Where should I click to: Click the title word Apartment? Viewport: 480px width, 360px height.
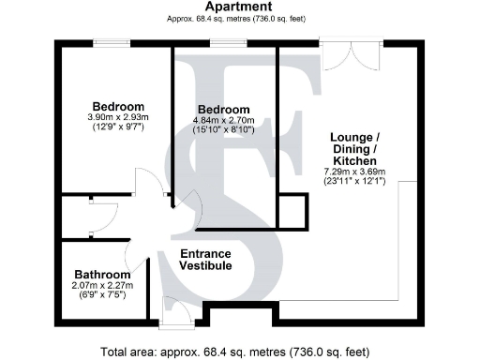pos(240,7)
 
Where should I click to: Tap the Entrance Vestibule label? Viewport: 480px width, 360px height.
pos(206,260)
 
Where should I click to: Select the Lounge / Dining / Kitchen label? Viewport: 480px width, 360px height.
pos(355,148)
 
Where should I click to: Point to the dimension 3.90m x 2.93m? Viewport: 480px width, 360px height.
pos(118,116)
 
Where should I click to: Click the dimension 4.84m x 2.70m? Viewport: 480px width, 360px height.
pos(223,121)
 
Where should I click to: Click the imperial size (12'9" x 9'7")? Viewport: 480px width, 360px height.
pos(118,127)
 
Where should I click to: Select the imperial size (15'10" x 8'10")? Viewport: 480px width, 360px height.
pos(223,131)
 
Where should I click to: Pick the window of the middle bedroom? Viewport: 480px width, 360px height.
pos(223,41)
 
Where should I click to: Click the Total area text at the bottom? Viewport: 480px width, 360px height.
pos(240,352)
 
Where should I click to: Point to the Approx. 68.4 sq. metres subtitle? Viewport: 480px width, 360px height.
pos(240,18)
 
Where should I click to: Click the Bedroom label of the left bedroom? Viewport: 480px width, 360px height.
pos(118,105)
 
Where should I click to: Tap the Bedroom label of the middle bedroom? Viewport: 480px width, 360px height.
pos(223,110)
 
